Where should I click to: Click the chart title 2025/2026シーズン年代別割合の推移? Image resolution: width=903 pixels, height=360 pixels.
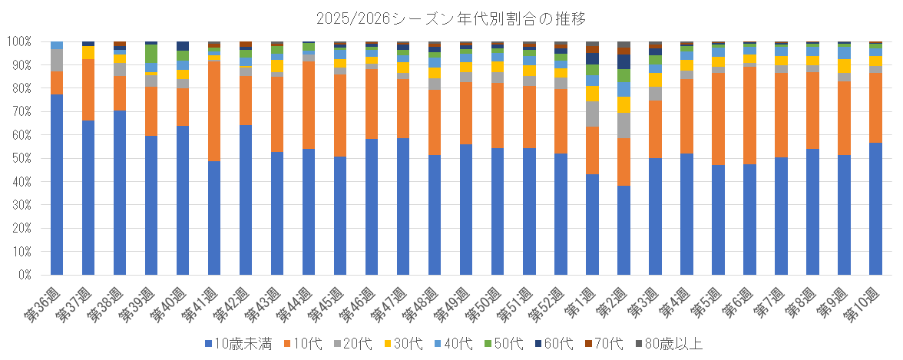coord(451,17)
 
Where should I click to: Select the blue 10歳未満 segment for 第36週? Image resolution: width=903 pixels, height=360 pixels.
coord(57,184)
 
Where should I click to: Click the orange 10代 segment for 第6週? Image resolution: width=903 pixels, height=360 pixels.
coord(749,115)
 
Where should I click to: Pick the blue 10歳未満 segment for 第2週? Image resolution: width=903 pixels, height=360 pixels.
coord(623,230)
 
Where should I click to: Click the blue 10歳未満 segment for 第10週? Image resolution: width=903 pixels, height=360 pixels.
coord(875,208)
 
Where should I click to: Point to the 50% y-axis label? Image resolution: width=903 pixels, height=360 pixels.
coord(21,158)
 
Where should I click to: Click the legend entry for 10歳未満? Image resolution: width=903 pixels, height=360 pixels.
coord(238,344)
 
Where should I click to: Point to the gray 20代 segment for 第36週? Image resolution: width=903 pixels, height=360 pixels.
coord(57,60)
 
